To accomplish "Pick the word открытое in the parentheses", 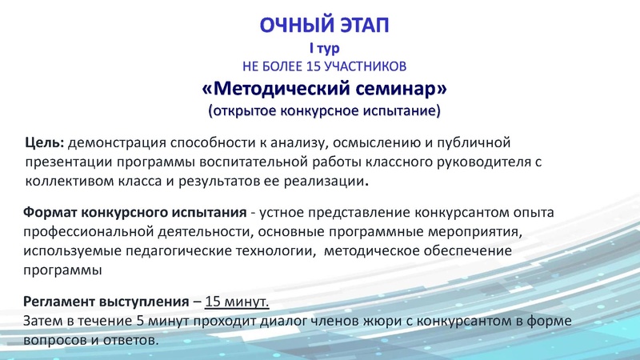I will [247, 110].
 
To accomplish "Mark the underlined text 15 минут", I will [238, 302].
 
